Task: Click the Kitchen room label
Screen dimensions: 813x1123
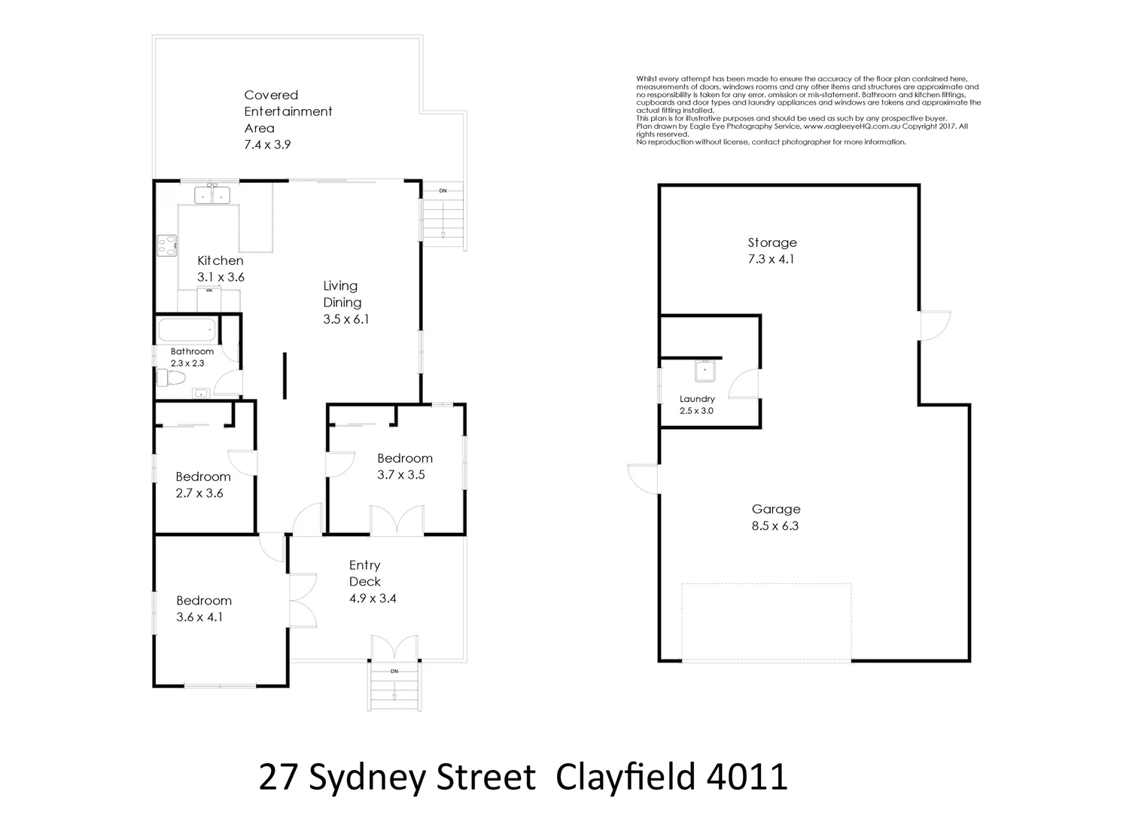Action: coord(221,260)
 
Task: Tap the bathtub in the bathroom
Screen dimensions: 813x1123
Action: coord(187,330)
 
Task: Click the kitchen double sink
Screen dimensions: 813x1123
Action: coord(212,195)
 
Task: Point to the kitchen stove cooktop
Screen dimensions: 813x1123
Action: coord(167,245)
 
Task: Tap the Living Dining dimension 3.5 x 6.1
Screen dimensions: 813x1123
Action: coord(346,319)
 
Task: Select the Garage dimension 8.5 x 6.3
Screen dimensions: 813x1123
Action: coord(775,526)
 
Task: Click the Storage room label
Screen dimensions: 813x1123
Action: coord(772,242)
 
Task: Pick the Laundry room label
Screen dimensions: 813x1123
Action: coord(697,399)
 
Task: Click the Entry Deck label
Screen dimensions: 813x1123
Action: coord(365,573)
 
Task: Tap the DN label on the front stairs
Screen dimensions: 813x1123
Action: coord(394,671)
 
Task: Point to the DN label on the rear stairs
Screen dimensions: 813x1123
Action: coord(443,190)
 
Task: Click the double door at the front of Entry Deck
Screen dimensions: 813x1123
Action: coord(394,648)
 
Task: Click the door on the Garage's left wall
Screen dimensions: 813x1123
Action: coord(644,479)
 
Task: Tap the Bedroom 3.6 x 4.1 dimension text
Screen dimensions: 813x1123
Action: coord(199,617)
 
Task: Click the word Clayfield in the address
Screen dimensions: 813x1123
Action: coord(624,778)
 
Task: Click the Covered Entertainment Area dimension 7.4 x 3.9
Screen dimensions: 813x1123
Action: coord(267,144)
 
